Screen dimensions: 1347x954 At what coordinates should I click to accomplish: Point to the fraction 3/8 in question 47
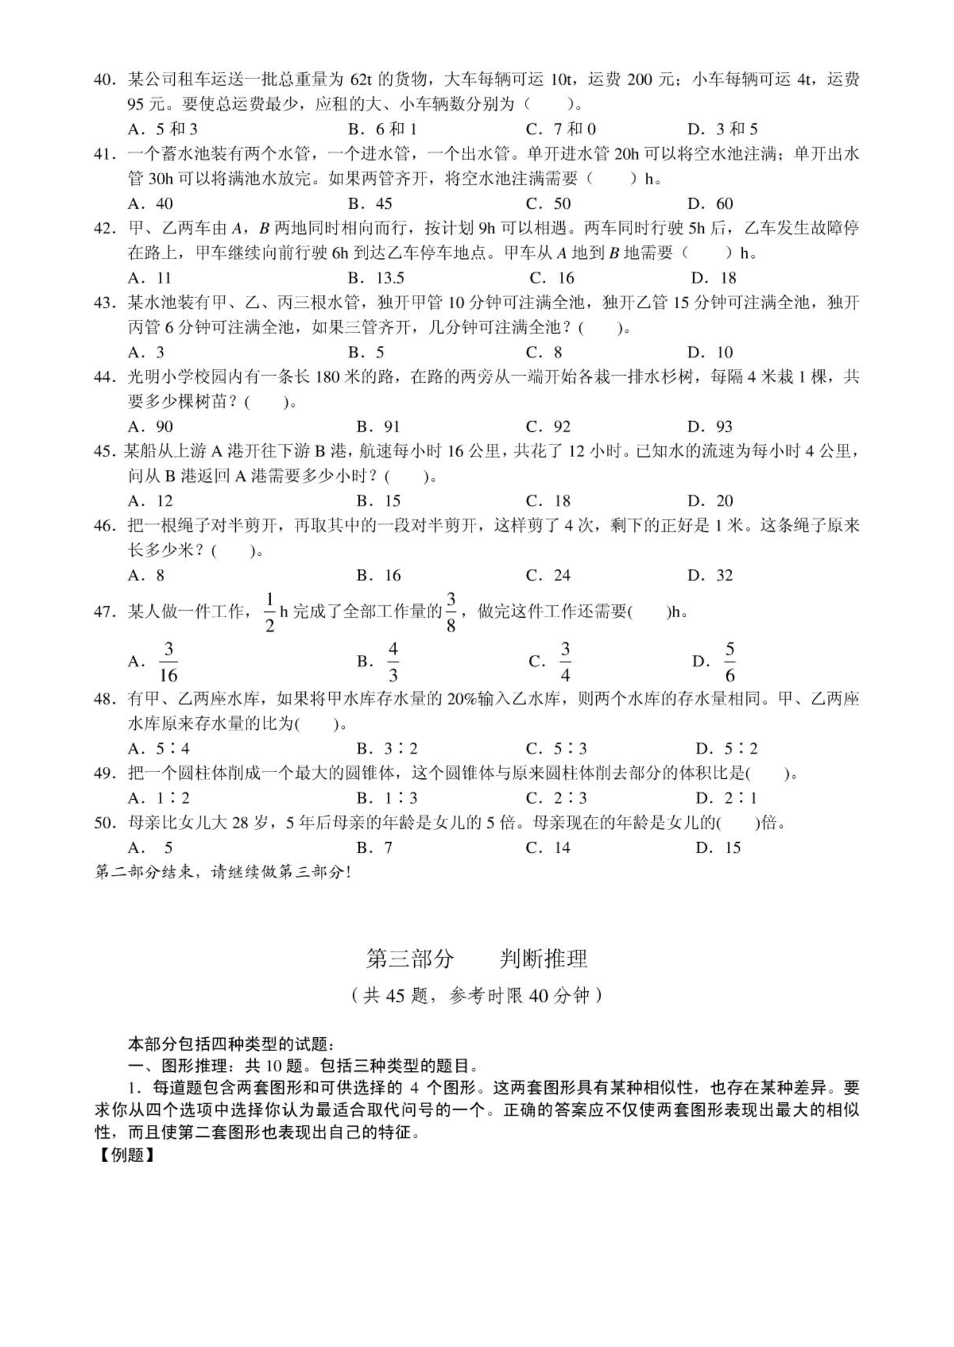(x=451, y=612)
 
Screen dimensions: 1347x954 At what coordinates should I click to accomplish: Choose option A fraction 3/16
(x=168, y=662)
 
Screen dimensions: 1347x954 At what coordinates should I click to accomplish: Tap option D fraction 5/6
(x=729, y=662)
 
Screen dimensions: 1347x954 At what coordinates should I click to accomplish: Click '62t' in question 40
(x=361, y=80)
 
